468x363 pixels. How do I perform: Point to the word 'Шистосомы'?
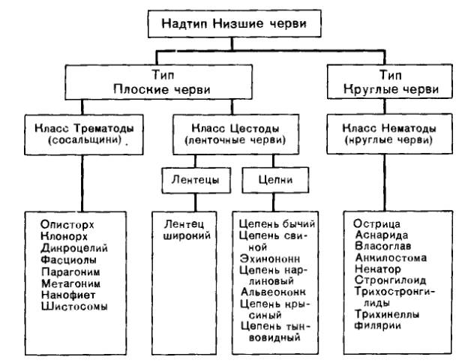(x=75, y=307)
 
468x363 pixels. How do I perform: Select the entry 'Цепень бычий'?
(x=277, y=224)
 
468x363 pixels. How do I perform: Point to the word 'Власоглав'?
(x=382, y=247)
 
